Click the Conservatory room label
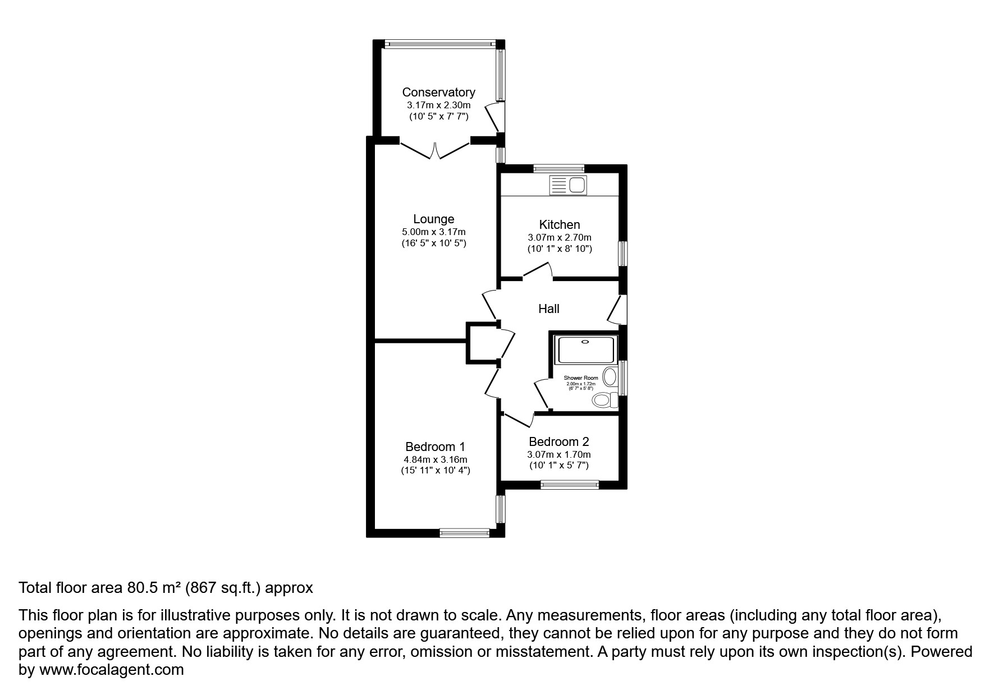click(438, 92)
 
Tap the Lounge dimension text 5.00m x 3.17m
click(433, 232)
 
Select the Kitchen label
click(560, 224)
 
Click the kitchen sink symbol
click(569, 185)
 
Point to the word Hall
click(548, 309)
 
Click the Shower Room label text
click(581, 378)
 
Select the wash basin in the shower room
click(610, 375)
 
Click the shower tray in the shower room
click(585, 349)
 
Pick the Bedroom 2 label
click(558, 441)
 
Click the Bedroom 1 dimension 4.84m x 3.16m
click(436, 459)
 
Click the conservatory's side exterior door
click(494, 117)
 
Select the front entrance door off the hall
click(617, 310)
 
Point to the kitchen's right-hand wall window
click(622, 254)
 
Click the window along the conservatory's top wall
click(439, 43)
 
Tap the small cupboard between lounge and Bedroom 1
click(482, 342)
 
